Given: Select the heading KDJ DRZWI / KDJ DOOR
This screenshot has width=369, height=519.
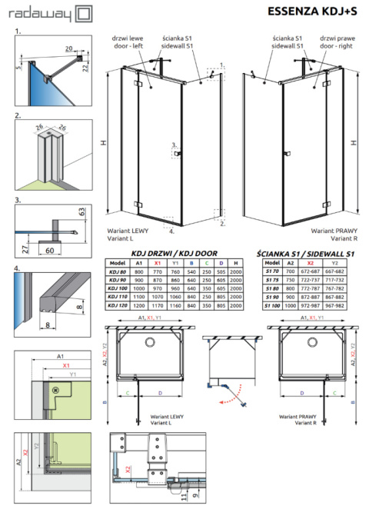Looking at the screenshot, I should tap(174, 252).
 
